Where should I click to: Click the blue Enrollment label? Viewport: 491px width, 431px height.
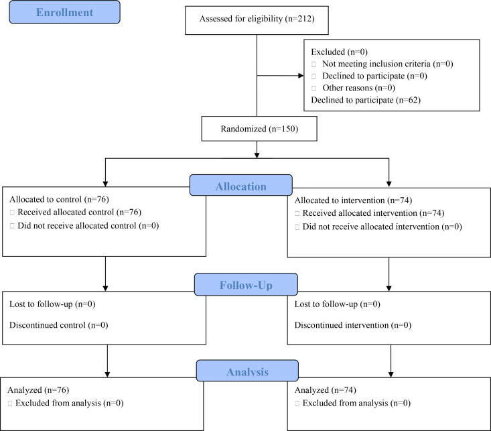64,12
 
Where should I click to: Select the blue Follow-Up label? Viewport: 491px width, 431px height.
246,285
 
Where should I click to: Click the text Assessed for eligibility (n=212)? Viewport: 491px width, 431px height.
257,19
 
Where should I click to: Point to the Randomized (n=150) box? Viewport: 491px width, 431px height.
259,129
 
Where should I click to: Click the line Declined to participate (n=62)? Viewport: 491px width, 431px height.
366,100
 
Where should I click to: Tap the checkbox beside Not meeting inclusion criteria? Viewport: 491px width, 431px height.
313,64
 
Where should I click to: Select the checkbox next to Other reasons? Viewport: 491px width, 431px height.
313,88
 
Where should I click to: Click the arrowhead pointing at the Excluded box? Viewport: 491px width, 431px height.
301,76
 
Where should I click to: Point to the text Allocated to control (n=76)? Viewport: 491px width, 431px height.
59,199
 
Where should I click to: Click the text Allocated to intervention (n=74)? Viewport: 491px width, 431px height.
353,200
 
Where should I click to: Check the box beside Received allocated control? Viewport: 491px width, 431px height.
12,212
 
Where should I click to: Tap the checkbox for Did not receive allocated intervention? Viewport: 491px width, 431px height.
297,227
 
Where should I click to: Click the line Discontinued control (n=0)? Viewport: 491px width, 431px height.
58,325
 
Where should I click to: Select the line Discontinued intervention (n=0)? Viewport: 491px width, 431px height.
352,325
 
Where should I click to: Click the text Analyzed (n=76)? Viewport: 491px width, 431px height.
38,390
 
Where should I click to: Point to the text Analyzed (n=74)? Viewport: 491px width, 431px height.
326,390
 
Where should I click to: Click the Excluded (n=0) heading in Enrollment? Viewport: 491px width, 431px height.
339,52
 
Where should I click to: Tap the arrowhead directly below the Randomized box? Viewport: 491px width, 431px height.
257,156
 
